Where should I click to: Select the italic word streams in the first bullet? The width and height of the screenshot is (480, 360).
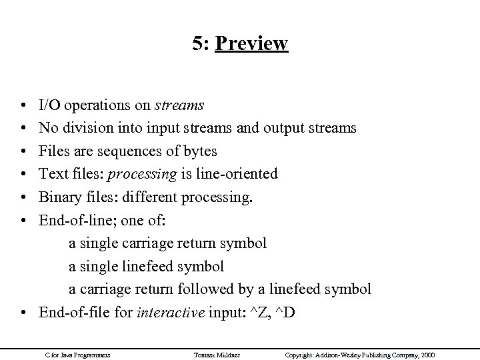179,105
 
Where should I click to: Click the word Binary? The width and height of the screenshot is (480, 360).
57,197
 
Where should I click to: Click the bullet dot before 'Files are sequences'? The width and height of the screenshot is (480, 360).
23,151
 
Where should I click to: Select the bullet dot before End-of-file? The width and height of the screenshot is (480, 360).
23,313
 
